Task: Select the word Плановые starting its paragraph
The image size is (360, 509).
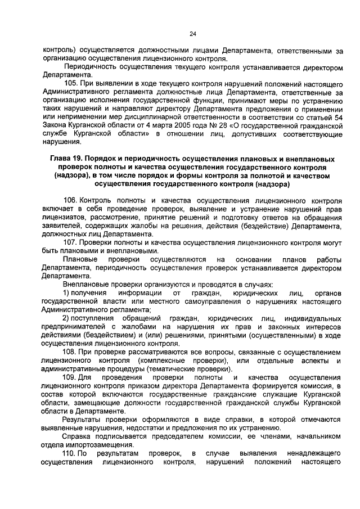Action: click(79, 259)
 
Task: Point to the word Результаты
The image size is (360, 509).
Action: click(81, 419)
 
